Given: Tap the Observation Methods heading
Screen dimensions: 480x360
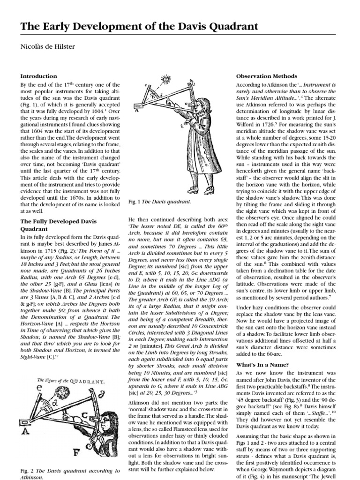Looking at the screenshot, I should [266, 76].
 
